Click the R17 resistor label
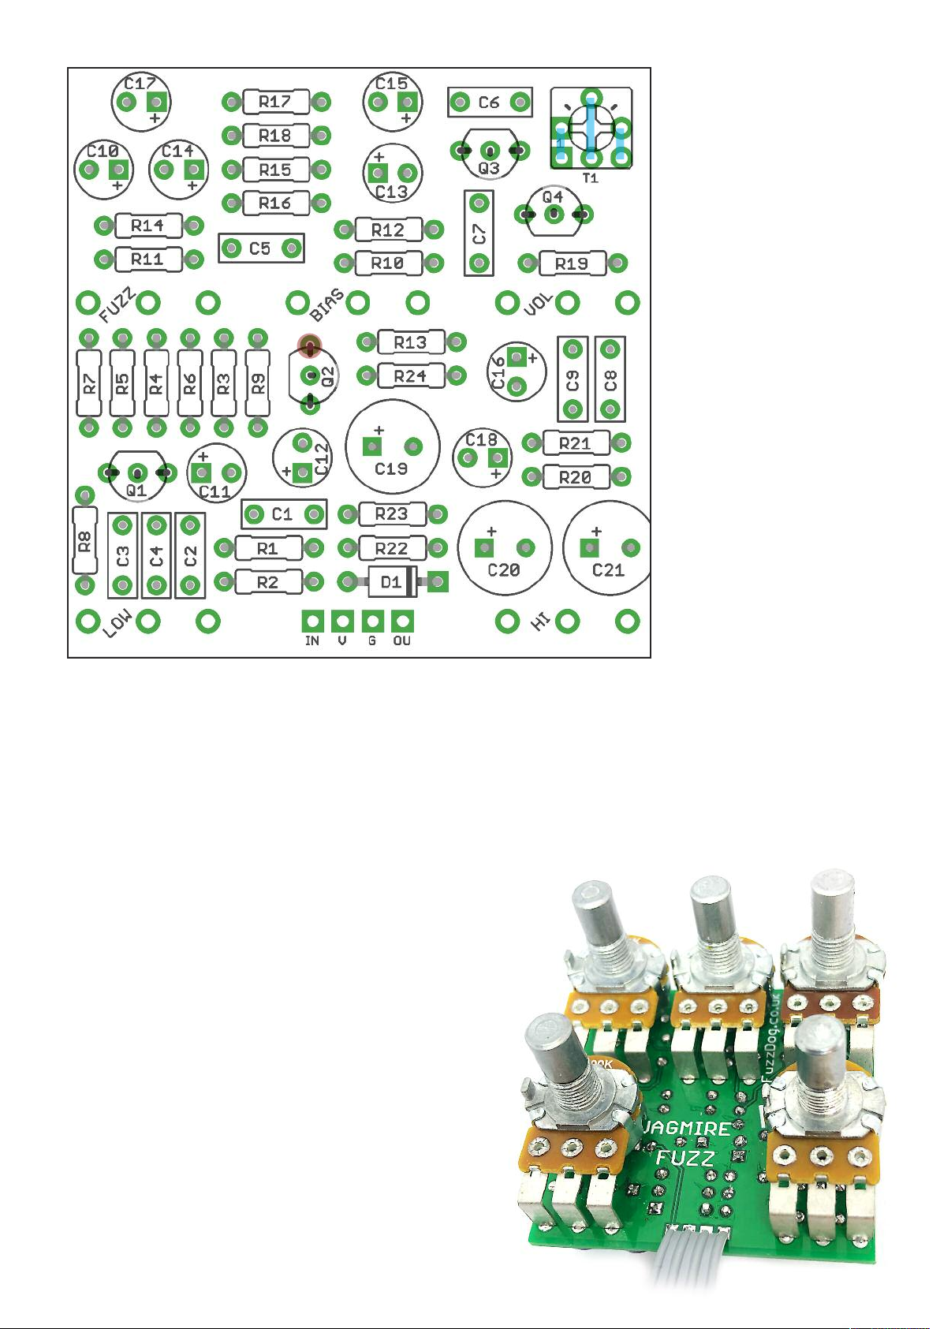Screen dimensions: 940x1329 coord(274,102)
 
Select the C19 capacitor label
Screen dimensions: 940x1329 coord(391,469)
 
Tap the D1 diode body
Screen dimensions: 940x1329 coord(391,581)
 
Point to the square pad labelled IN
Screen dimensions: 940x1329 coord(312,622)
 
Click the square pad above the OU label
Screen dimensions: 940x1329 coord(402,622)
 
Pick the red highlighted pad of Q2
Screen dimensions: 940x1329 coord(310,346)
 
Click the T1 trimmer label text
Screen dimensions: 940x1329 coord(590,177)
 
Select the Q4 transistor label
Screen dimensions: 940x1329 coord(553,196)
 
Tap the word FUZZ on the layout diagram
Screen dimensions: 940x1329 coord(118,305)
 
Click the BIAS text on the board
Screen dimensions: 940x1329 coord(327,305)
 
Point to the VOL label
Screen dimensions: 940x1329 coord(539,305)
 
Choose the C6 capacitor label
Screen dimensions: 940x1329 coord(489,103)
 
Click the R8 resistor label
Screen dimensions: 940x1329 coord(85,540)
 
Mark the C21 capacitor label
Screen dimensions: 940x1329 coord(608,570)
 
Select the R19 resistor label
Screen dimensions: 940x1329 coord(572,263)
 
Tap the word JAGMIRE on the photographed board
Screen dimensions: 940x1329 coord(687,1127)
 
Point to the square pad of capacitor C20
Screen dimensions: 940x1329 coord(484,547)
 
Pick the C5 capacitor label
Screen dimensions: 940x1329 coord(259,248)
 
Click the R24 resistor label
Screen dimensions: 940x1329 coord(410,376)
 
